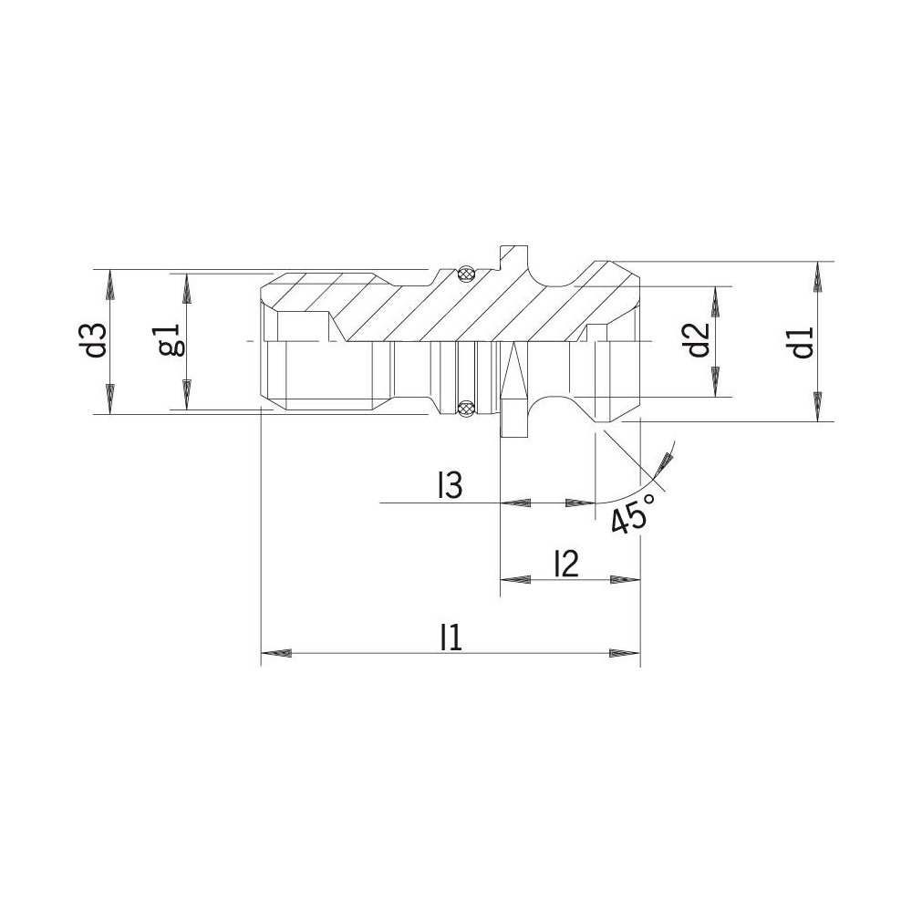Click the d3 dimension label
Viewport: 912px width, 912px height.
pos(97,340)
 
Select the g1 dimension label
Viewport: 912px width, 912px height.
pos(171,340)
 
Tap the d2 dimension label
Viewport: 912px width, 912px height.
pos(698,339)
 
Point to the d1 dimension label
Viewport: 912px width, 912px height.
pos(802,342)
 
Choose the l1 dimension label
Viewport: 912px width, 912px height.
pos(451,637)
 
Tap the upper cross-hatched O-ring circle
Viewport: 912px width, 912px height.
pos(466,273)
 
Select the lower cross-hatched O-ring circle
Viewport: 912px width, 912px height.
pos(466,409)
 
